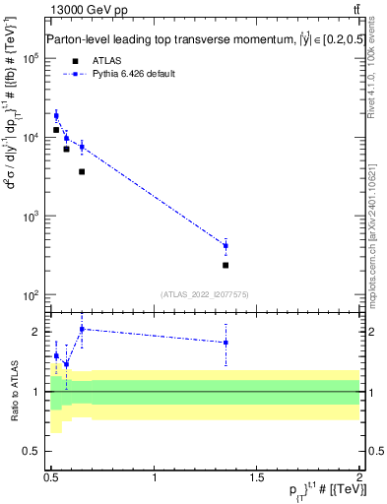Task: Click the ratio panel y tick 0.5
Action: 35,451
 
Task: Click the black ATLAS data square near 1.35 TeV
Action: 226,265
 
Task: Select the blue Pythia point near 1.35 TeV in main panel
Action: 226,246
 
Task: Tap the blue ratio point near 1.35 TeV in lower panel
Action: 226,343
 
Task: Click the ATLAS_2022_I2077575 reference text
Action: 205,292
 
